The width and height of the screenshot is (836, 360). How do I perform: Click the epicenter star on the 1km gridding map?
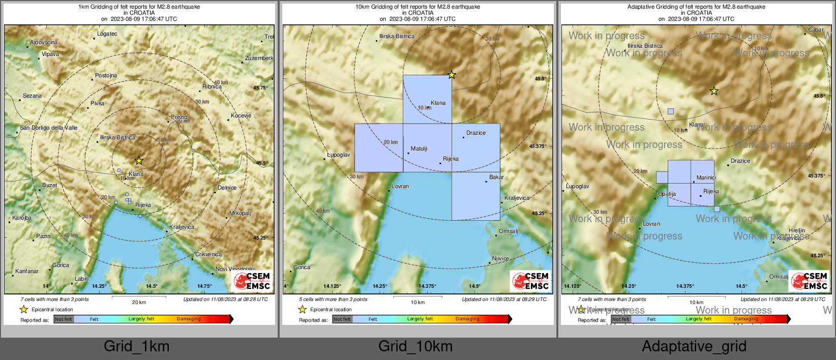tap(139, 161)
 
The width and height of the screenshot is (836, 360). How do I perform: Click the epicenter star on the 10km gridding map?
tap(452, 75)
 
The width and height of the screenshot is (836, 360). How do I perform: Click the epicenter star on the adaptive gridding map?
tap(714, 91)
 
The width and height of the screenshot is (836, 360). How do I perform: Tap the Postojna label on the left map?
tap(106, 75)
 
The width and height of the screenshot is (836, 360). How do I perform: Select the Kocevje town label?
tap(241, 115)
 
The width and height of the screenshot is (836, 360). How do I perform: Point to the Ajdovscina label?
tap(44, 42)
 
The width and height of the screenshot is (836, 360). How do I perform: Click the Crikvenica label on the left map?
tap(208, 254)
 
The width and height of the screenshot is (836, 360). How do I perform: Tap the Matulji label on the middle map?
tap(419, 148)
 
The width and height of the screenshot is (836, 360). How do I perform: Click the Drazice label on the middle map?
tap(475, 133)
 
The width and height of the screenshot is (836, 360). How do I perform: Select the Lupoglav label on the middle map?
tap(338, 155)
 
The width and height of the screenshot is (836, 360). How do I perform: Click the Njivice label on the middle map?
tap(500, 258)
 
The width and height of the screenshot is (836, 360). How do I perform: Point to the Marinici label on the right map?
tap(706, 177)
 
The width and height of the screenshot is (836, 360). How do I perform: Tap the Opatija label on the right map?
tap(667, 194)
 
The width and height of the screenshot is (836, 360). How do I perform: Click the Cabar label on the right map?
tap(816, 29)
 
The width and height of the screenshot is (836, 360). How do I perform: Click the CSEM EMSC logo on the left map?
tap(252, 281)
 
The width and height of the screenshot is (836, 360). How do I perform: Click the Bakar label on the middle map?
tap(496, 177)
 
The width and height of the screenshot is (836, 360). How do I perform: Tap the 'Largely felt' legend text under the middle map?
tap(420, 319)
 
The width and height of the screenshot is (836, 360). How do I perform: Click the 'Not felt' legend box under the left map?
tap(64, 319)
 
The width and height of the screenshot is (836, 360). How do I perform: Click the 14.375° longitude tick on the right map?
tap(685, 286)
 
